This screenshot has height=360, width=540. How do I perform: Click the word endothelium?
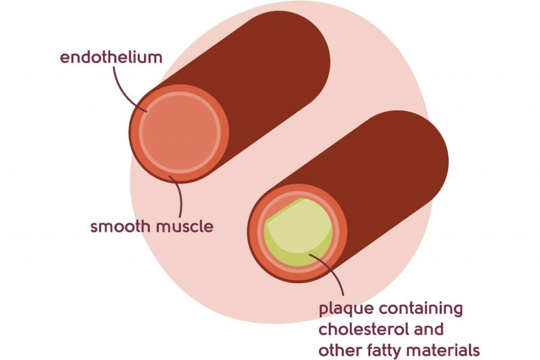[111, 57]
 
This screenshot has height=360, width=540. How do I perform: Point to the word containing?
[422, 309]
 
